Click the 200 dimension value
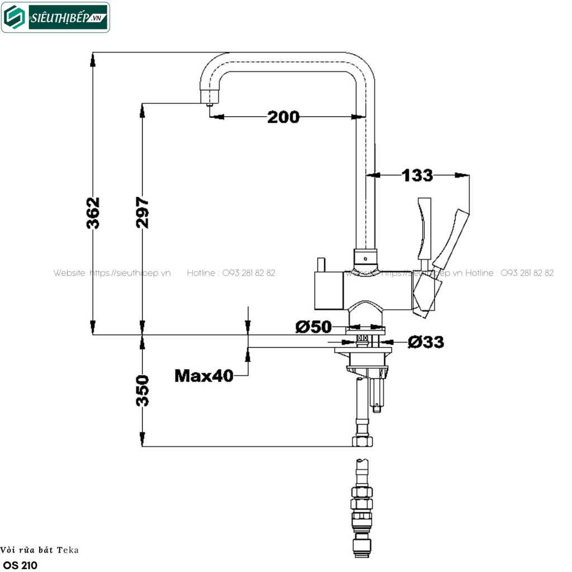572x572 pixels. click(x=283, y=117)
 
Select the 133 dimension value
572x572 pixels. click(x=417, y=175)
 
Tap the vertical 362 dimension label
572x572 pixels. click(x=93, y=213)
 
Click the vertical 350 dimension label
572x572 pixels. click(x=142, y=390)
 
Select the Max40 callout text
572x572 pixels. click(x=204, y=376)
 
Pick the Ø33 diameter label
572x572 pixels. click(x=426, y=342)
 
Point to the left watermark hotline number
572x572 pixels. click(x=249, y=273)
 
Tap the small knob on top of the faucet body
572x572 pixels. click(x=321, y=264)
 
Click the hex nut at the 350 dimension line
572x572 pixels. click(x=362, y=441)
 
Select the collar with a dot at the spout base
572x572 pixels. click(x=365, y=258)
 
